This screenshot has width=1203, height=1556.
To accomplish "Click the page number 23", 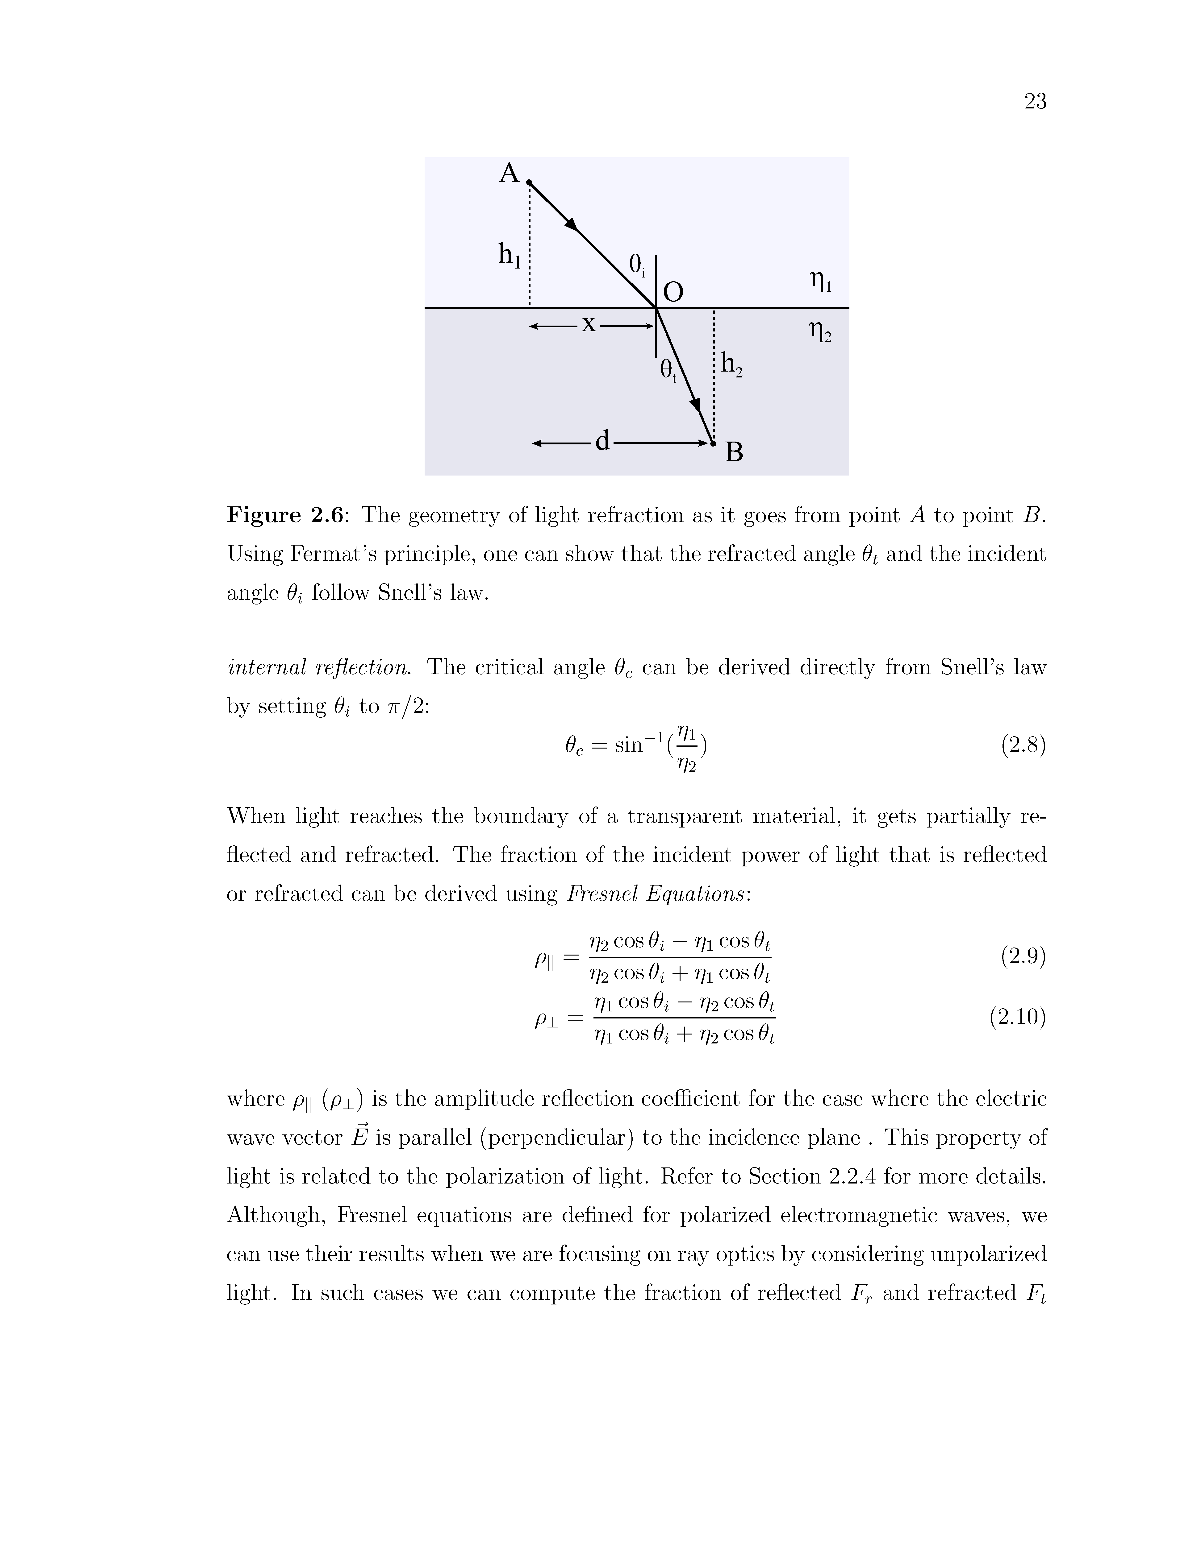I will tap(1035, 102).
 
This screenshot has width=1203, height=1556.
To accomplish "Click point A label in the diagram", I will tap(509, 173).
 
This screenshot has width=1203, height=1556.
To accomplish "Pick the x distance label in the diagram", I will tap(589, 324).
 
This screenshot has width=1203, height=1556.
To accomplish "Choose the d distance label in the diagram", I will tap(602, 442).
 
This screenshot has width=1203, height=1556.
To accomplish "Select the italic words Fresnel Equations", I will tap(656, 894).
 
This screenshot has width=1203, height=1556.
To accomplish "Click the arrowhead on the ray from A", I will tap(572, 224).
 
